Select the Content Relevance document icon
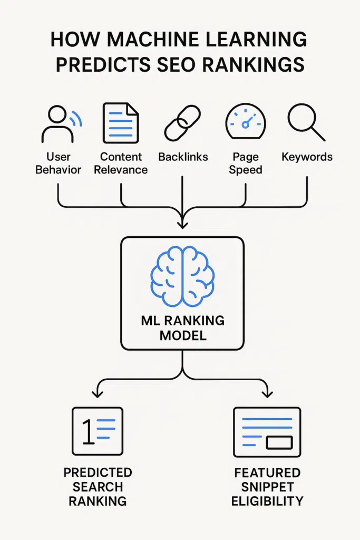click(121, 123)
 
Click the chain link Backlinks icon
click(182, 123)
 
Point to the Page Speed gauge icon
click(245, 122)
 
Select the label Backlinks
click(183, 157)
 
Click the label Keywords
click(307, 157)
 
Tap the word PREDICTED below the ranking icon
click(98, 472)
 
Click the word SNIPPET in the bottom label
click(267, 486)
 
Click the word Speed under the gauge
click(246, 170)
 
